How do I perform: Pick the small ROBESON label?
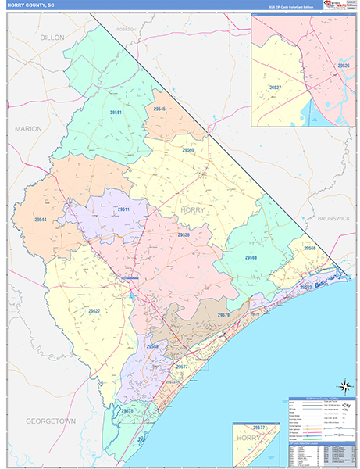[x=126, y=29]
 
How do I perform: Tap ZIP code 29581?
[x=116, y=113]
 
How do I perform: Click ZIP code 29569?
[x=188, y=149]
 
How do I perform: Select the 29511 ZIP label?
[x=123, y=209]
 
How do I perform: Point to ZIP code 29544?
[x=41, y=220]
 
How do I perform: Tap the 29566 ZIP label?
[x=310, y=248]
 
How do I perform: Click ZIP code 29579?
[x=223, y=315]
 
